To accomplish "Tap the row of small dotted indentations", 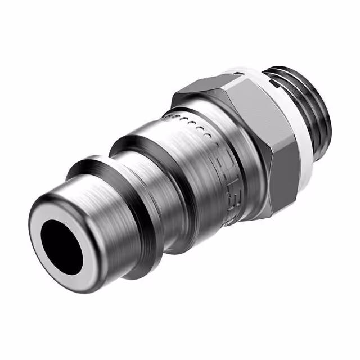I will pyautogui.click(x=191, y=124).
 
